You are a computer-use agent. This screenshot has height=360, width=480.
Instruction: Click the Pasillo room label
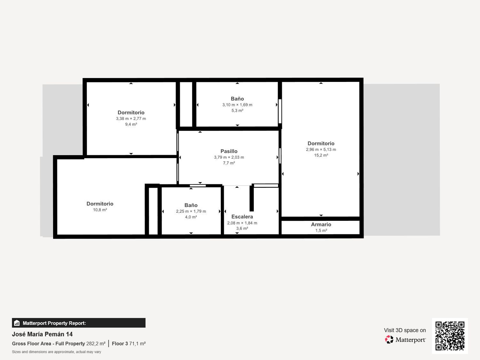(229, 151)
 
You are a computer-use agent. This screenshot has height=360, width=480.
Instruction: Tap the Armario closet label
(321, 225)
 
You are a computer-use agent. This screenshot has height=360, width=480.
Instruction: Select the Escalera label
(242, 217)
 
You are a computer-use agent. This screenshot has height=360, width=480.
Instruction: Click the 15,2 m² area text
(321, 156)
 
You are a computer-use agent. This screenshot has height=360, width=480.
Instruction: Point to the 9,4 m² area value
(131, 124)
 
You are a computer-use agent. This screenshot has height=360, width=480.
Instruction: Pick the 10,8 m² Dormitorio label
(100, 204)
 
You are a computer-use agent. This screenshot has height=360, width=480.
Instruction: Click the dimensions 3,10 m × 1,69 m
(237, 105)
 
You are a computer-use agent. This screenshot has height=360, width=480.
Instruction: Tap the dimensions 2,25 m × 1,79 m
(191, 212)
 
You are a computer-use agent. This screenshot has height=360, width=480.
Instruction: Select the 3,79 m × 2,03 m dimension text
(229, 157)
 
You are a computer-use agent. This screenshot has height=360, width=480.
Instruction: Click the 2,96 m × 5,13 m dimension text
(321, 150)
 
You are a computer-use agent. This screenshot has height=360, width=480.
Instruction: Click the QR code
(450, 336)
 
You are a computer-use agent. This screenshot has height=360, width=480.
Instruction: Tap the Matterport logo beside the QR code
(405, 340)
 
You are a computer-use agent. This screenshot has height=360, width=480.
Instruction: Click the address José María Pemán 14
(42, 334)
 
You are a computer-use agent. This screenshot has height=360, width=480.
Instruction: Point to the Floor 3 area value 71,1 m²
(137, 344)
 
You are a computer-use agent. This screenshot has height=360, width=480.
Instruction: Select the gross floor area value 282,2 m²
(96, 344)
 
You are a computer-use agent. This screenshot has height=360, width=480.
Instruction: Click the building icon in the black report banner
(17, 323)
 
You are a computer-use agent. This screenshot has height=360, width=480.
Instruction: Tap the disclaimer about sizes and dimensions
(56, 352)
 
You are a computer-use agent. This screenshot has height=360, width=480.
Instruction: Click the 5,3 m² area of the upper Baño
(237, 111)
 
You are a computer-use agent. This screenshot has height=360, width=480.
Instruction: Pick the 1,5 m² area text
(321, 231)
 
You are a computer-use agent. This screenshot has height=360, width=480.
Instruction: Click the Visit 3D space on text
(405, 330)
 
